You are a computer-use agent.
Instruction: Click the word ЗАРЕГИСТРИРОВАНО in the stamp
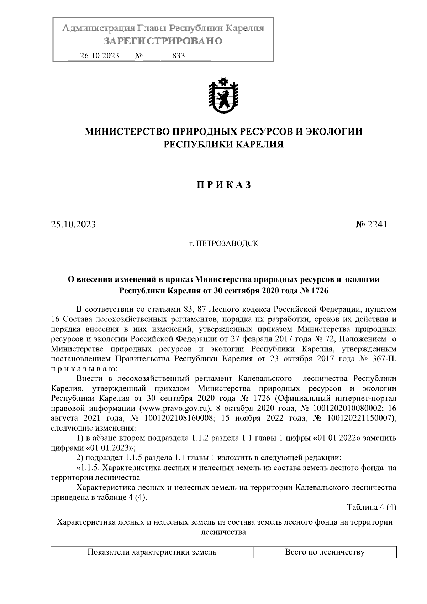[163, 41]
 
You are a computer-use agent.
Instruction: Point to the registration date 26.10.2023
[100, 56]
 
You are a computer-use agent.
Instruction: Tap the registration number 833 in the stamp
[178, 56]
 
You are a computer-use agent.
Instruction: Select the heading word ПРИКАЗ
[223, 185]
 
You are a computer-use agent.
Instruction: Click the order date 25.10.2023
[73, 225]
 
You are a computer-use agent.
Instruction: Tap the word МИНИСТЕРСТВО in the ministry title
[127, 132]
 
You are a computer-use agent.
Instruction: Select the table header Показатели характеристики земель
[152, 552]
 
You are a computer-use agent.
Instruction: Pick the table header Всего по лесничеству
[325, 552]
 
